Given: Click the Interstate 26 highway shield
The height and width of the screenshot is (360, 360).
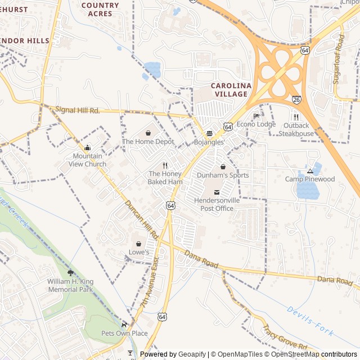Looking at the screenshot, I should click(296, 100).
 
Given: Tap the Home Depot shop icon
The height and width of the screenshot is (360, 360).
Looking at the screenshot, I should click(148, 133).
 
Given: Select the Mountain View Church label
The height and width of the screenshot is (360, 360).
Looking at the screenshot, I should click(87, 160).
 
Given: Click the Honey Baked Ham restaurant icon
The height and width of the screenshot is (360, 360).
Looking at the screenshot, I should click(165, 165).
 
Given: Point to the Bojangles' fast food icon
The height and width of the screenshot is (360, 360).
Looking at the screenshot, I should click(209, 134).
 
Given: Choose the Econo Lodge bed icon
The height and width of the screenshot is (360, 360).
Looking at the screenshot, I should click(256, 116).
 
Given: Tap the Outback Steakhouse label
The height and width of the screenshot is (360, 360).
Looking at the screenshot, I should click(296, 129).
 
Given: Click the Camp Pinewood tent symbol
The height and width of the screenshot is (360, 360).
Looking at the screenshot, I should click(310, 170).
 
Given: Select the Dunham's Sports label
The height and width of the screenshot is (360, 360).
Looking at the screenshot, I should click(223, 175).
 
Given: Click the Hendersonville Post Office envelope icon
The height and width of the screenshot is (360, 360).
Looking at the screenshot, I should click(217, 192).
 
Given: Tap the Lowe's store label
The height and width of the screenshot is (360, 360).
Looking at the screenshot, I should click(139, 253).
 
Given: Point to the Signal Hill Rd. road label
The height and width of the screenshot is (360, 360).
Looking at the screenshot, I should click(78, 110).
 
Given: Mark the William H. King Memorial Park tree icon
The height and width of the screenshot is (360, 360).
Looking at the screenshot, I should click(70, 273).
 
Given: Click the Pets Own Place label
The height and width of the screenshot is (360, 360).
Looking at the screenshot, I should click(124, 334).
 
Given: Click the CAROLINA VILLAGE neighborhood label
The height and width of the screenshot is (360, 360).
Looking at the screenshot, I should click(229, 89).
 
